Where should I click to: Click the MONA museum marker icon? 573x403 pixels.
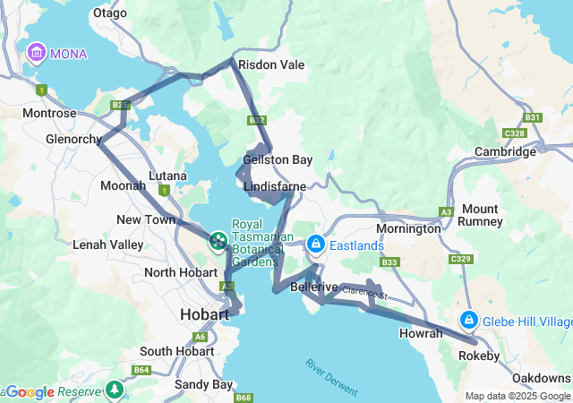pyautogui.click(x=37, y=54)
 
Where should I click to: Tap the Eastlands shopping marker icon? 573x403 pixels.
pyautogui.click(x=316, y=244)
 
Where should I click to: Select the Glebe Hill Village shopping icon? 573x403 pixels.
pyautogui.click(x=468, y=321)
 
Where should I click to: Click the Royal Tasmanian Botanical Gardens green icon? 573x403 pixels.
pyautogui.click(x=218, y=240)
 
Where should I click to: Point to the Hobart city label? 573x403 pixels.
pyautogui.click(x=204, y=314)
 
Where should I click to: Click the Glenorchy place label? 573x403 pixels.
pyautogui.click(x=74, y=140)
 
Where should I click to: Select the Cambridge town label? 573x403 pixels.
pyautogui.click(x=505, y=152)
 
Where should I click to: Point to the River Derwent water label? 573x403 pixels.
pyautogui.click(x=330, y=378)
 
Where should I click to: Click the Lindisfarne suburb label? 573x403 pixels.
pyautogui.click(x=275, y=186)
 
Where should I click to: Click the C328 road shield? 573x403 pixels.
pyautogui.click(x=514, y=133)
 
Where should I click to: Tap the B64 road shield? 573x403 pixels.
pyautogui.click(x=141, y=370)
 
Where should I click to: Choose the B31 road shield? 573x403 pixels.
pyautogui.click(x=533, y=117)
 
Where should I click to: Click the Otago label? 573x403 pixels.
pyautogui.click(x=109, y=13)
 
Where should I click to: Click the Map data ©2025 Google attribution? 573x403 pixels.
pyautogui.click(x=517, y=396)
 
